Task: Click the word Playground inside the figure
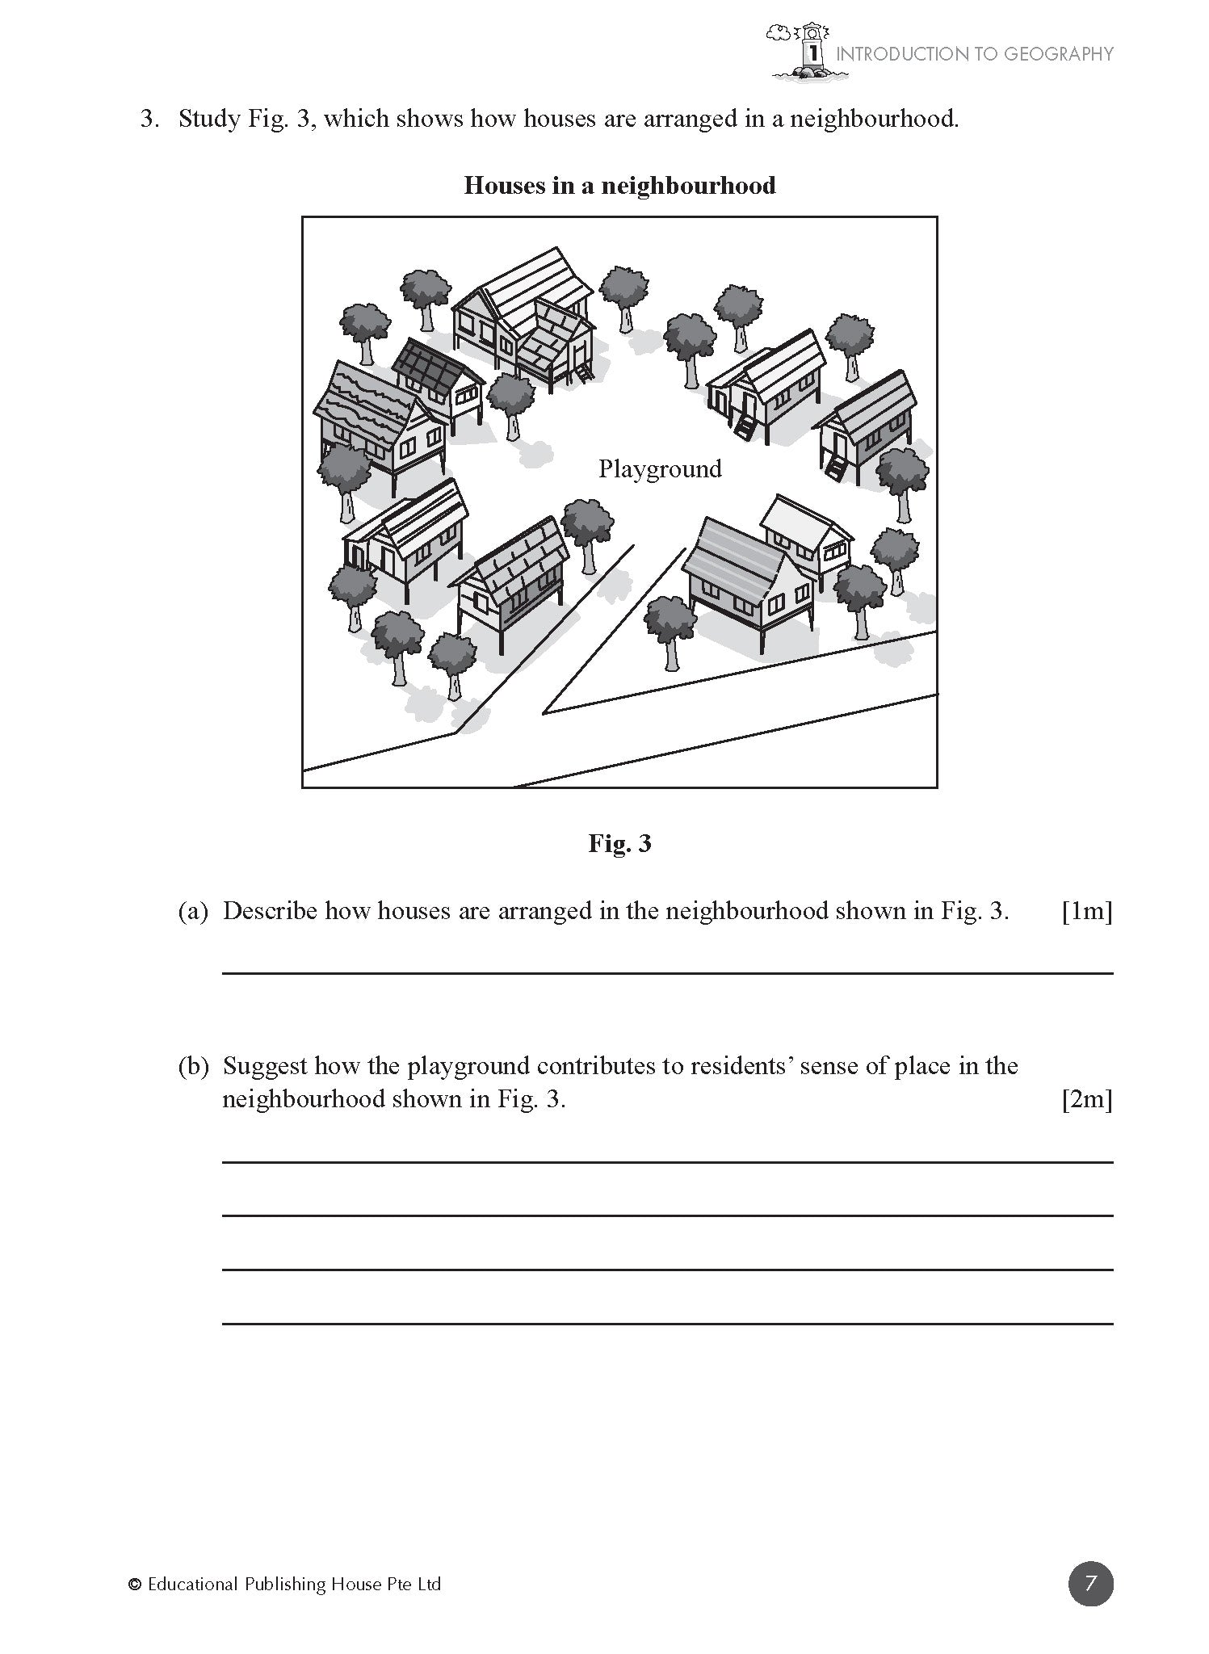click(x=659, y=469)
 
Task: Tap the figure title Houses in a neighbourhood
click(x=619, y=186)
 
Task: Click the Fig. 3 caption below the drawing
click(x=619, y=844)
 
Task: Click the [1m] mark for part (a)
click(x=1087, y=911)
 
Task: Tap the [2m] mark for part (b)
click(x=1087, y=1099)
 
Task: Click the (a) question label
click(x=193, y=911)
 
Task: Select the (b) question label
click(x=193, y=1066)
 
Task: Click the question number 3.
click(x=149, y=120)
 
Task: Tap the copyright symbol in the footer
click(x=135, y=1585)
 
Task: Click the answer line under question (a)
click(x=667, y=973)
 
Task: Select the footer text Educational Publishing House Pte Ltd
click(x=294, y=1585)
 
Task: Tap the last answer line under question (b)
click(x=667, y=1323)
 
